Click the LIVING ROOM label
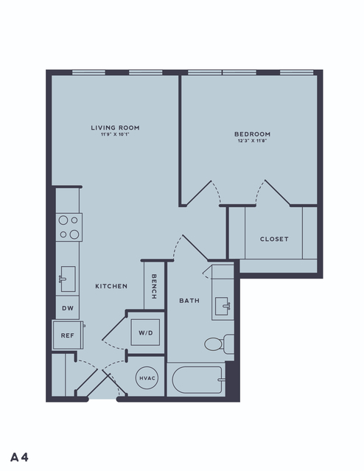pos(116,128)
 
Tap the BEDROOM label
pos(252,134)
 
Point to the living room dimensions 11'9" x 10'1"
pos(115,135)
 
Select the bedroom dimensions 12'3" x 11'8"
pos(252,141)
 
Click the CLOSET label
pos(274,239)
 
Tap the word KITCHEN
pos(111,286)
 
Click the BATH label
pos(189,301)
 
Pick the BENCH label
pos(154,286)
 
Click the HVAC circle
pos(147,378)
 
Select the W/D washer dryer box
pos(145,332)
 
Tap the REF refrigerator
pos(68,335)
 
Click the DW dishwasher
pos(68,308)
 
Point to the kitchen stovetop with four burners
pos(69,227)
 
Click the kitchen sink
pos(68,279)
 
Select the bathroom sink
pos(223,306)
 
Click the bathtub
pos(197,380)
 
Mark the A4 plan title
pos(19,457)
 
